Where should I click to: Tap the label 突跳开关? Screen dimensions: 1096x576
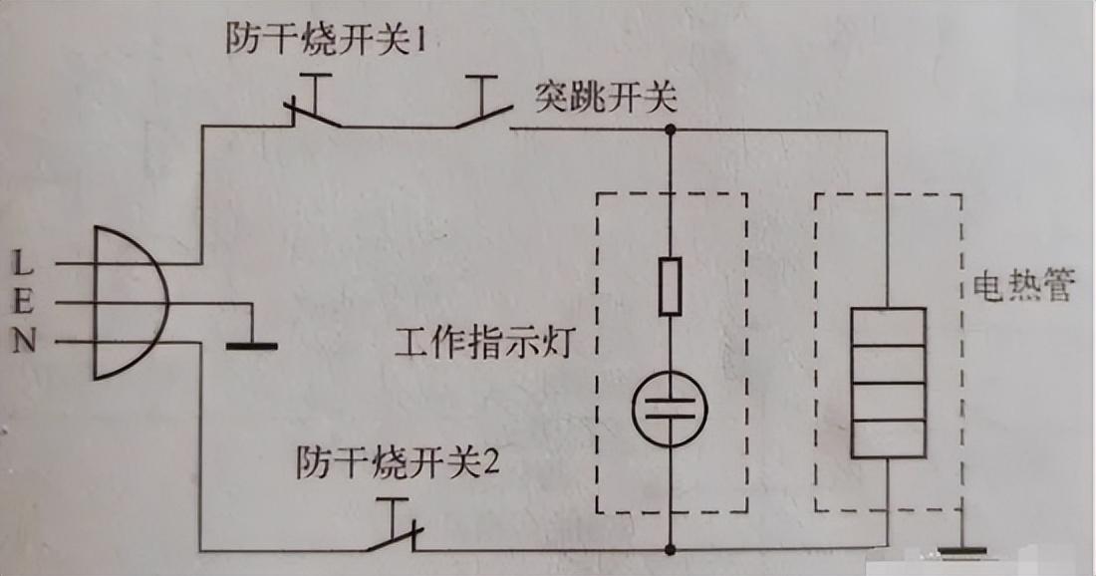[606, 98]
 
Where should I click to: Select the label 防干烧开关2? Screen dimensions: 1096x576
[398, 462]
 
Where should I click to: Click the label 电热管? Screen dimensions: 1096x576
[1022, 285]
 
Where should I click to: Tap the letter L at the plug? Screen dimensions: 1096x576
[23, 263]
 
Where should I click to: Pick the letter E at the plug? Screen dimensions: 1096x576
[23, 303]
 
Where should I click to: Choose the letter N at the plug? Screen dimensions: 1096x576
[24, 342]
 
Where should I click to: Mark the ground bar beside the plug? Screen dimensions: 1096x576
[252, 346]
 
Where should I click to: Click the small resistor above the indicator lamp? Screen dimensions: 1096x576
[671, 287]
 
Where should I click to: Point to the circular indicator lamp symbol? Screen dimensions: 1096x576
[671, 409]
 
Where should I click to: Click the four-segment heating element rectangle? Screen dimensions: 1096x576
[889, 383]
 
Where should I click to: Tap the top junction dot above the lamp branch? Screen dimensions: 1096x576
[671, 130]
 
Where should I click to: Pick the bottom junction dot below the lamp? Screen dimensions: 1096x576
[671, 549]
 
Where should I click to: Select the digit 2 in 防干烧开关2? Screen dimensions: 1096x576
[491, 462]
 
